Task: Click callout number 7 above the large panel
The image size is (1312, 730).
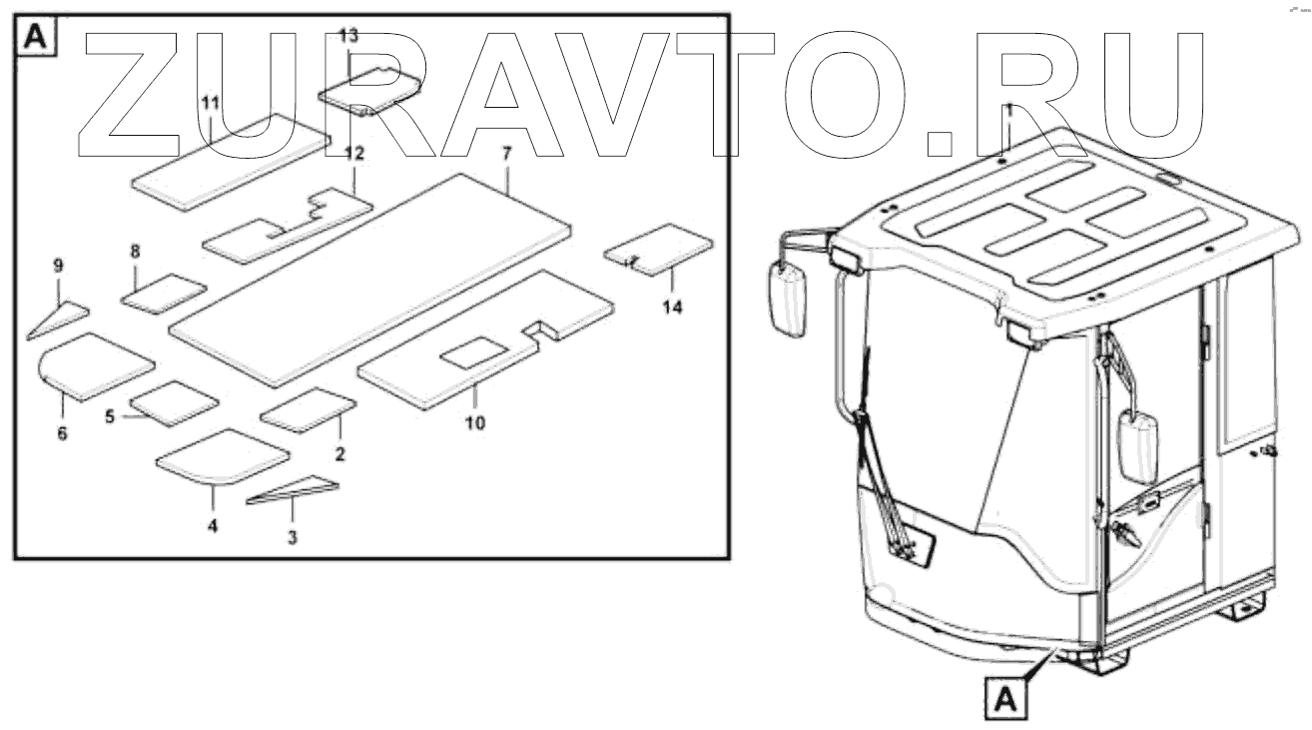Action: pyautogui.click(x=506, y=155)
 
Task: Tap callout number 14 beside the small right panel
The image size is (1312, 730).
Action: pyautogui.click(x=672, y=308)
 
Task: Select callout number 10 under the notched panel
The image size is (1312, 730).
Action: pyautogui.click(x=475, y=422)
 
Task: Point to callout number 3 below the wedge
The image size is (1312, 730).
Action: pyautogui.click(x=292, y=537)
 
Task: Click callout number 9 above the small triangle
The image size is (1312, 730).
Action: pyautogui.click(x=58, y=266)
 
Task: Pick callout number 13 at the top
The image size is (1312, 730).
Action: pyautogui.click(x=347, y=36)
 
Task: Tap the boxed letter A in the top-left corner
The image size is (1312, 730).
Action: pyautogui.click(x=34, y=37)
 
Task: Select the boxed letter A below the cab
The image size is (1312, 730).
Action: pyautogui.click(x=1005, y=697)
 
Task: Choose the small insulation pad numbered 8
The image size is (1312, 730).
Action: pyautogui.click(x=164, y=294)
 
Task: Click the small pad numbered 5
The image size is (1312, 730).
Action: pyautogui.click(x=174, y=402)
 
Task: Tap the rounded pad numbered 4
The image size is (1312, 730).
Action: pyautogui.click(x=222, y=456)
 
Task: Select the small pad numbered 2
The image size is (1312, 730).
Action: pyautogui.click(x=308, y=410)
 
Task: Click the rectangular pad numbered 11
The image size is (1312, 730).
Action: pyautogui.click(x=229, y=160)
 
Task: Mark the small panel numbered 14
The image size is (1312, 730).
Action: pyautogui.click(x=659, y=248)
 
